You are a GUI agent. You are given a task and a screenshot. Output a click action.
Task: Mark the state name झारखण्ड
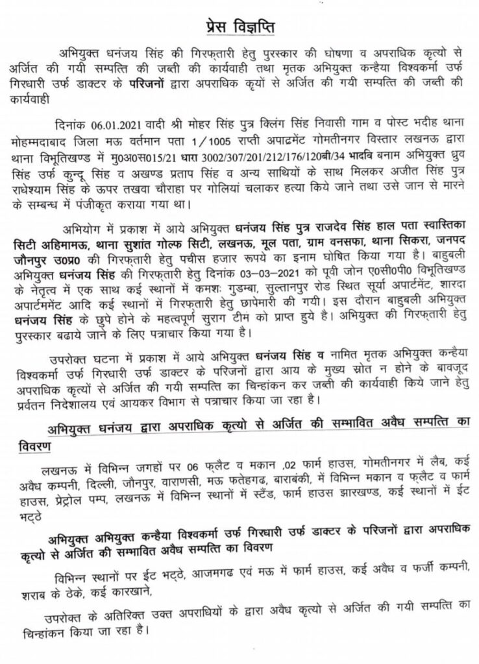click(x=352, y=495)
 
